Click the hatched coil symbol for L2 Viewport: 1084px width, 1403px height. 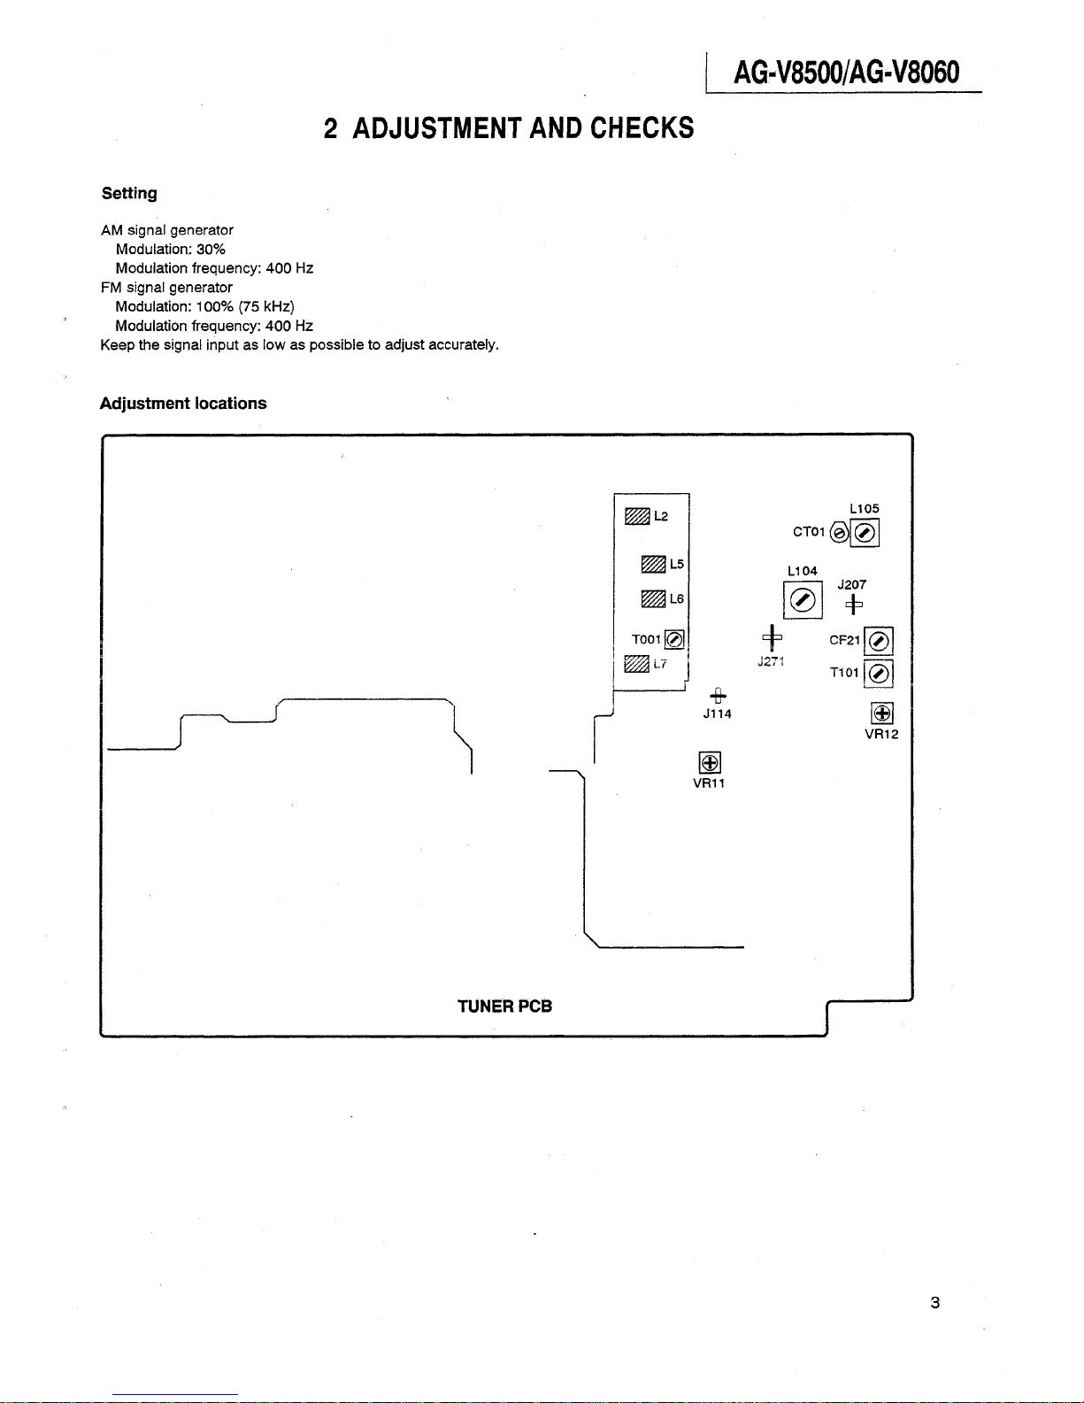pos(637,516)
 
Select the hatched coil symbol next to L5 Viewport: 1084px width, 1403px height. pos(653,565)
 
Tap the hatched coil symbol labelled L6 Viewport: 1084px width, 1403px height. pos(653,599)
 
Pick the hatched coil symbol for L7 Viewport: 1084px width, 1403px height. pos(636,664)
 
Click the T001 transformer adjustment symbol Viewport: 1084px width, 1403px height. pos(673,639)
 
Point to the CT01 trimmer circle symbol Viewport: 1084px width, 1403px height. pos(839,533)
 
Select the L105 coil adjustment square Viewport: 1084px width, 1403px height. pos(865,533)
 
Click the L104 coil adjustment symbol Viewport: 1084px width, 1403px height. pos(803,600)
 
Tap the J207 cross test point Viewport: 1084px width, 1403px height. pos(854,605)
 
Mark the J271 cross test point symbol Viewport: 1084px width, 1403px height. pos(772,638)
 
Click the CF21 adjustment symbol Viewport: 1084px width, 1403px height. pos(878,641)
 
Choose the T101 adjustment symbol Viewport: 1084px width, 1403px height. pos(878,674)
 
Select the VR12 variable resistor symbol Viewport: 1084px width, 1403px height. pos(882,713)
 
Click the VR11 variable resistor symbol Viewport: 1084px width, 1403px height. pos(710,762)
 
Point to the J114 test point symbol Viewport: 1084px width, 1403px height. pos(718,696)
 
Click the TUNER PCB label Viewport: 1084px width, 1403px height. pos(504,1006)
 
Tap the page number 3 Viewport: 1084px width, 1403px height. pos(935,1302)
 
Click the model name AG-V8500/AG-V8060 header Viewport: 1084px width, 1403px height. pos(847,73)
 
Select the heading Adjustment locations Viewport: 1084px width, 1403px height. pos(183,404)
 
